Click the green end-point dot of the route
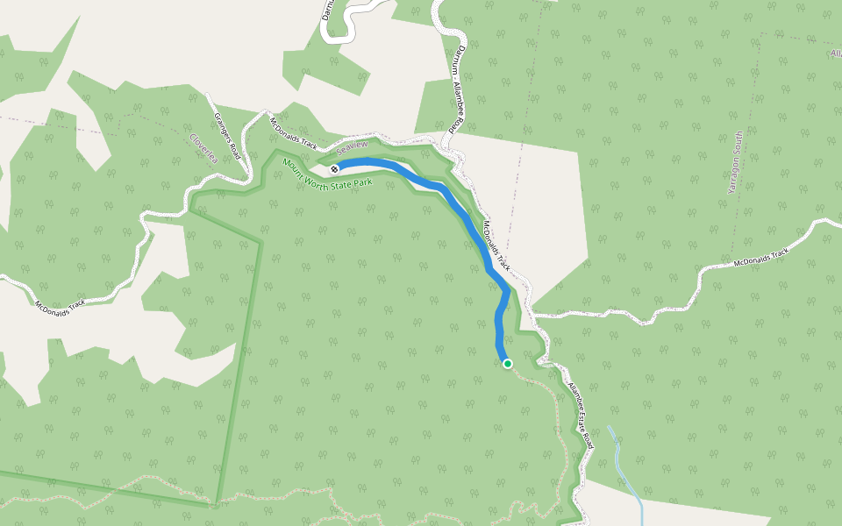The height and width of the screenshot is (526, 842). click(507, 363)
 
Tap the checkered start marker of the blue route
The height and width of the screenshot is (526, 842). click(335, 167)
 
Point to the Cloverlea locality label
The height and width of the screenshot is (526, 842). click(203, 149)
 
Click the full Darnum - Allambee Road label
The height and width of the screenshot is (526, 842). click(456, 89)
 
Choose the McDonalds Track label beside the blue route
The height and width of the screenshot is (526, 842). click(496, 245)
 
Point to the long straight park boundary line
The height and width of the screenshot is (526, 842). click(239, 368)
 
